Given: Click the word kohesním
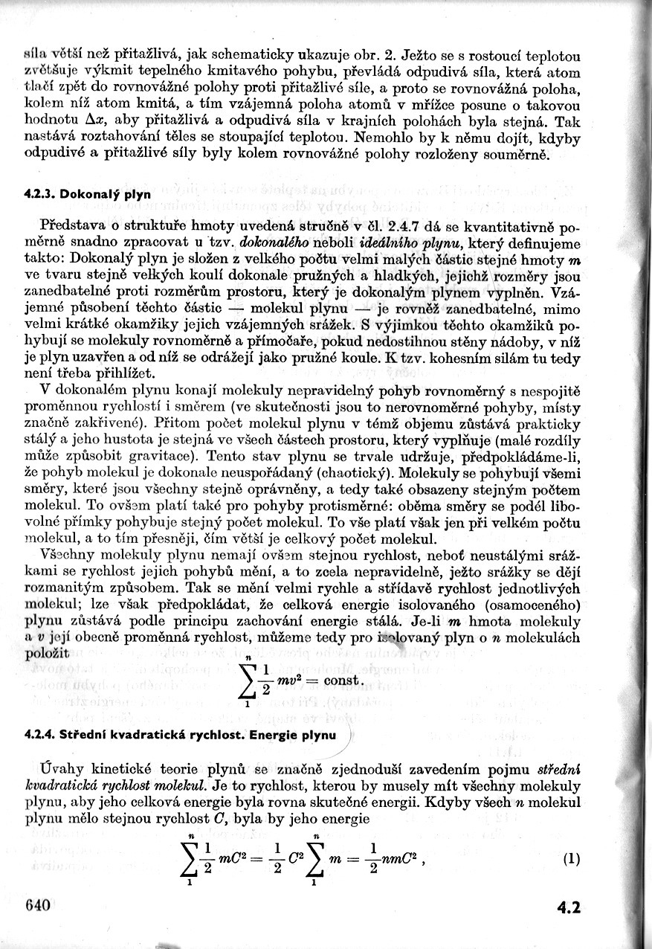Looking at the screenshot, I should tap(456, 358).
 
